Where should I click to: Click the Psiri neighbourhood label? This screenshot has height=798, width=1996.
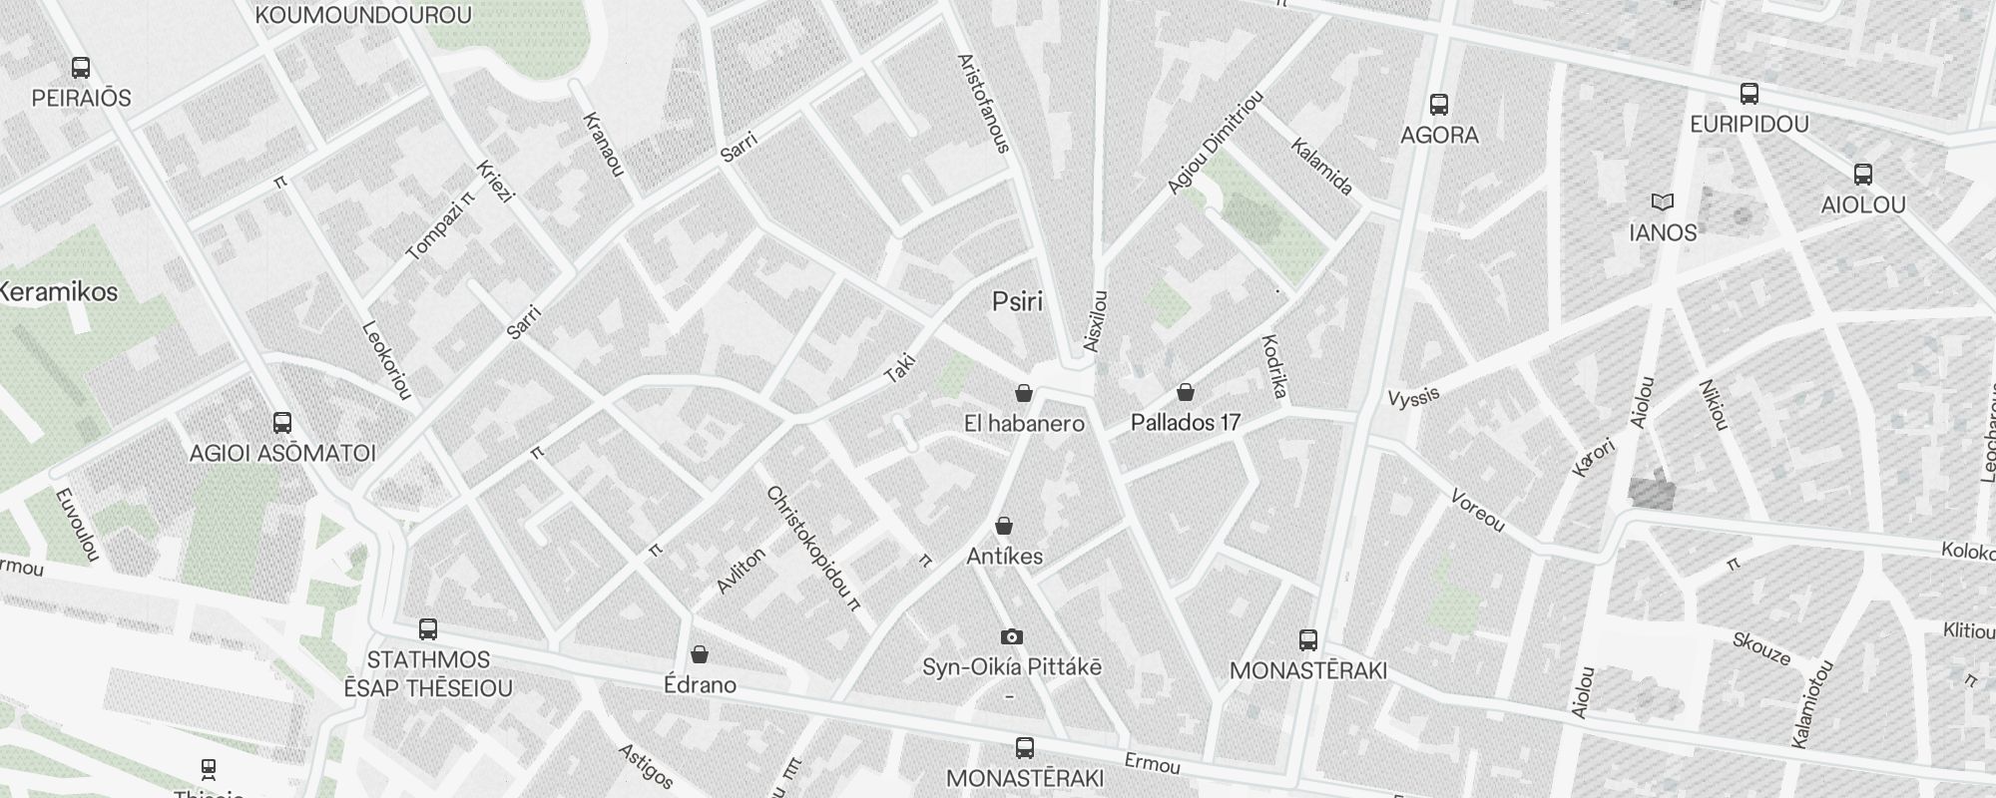coord(1017,301)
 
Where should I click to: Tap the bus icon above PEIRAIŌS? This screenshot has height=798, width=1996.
coord(81,68)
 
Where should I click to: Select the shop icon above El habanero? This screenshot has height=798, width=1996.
coord(1023,393)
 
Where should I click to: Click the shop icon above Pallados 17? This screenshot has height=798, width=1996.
coord(1186,392)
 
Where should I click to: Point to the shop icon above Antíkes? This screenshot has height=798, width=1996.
coord(1004,526)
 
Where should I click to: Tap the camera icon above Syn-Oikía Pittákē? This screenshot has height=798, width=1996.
coord(1012,636)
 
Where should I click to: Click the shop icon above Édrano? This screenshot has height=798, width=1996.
coord(700,654)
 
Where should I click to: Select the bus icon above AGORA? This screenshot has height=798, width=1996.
coord(1439,104)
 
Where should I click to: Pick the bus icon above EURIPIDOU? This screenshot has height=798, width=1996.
coord(1748,94)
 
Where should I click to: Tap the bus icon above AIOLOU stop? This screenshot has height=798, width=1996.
coord(1862,175)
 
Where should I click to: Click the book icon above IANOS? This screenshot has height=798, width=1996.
coord(1662,202)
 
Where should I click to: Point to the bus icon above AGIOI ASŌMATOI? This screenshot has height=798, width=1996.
coord(282,423)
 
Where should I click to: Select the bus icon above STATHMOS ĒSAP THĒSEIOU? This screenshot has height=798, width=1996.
coord(428,629)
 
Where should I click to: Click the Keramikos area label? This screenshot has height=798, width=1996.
coord(58,292)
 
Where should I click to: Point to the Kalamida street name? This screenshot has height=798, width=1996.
coord(1321,167)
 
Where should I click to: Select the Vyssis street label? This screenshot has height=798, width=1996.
coord(1414,396)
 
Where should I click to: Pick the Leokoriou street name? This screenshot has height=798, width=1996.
coord(386,360)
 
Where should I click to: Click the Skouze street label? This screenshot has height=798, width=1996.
coord(1761,648)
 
